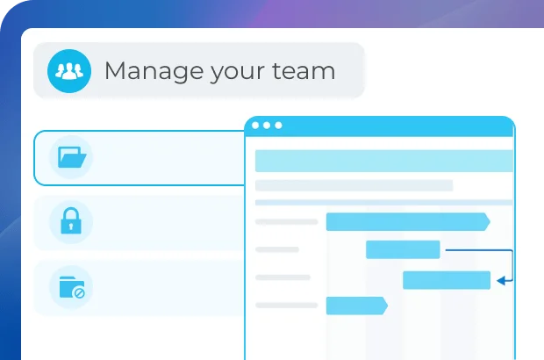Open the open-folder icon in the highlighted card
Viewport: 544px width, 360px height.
71,158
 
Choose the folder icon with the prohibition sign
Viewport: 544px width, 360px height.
71,287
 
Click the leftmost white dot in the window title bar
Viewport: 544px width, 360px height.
256,126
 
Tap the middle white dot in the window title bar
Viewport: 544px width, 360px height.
268,126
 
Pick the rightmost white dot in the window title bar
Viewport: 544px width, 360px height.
279,126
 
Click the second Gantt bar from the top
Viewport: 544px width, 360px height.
403,249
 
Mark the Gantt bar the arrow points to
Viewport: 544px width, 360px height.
446,280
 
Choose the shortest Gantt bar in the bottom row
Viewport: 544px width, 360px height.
355,306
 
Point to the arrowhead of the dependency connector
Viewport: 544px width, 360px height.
501,281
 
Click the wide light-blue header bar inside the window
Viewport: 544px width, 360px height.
383,161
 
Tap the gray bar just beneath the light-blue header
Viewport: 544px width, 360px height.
354,185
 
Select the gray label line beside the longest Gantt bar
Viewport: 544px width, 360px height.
286,222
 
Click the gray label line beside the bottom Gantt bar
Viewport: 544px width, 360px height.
286,306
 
